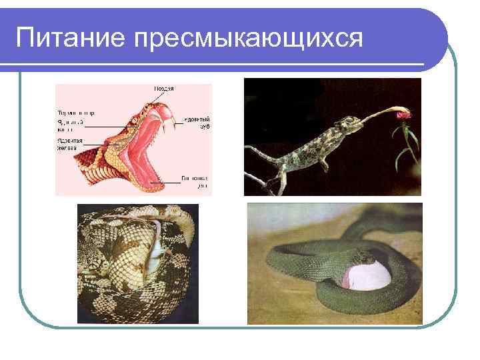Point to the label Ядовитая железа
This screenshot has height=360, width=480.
(x=70, y=145)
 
